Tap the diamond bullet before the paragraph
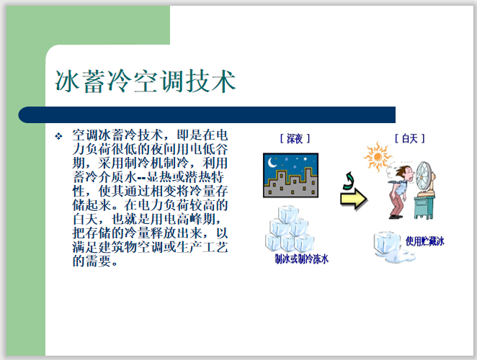click(x=59, y=136)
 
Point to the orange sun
click(x=375, y=154)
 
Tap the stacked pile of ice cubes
click(x=290, y=229)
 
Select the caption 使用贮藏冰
click(x=424, y=242)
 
